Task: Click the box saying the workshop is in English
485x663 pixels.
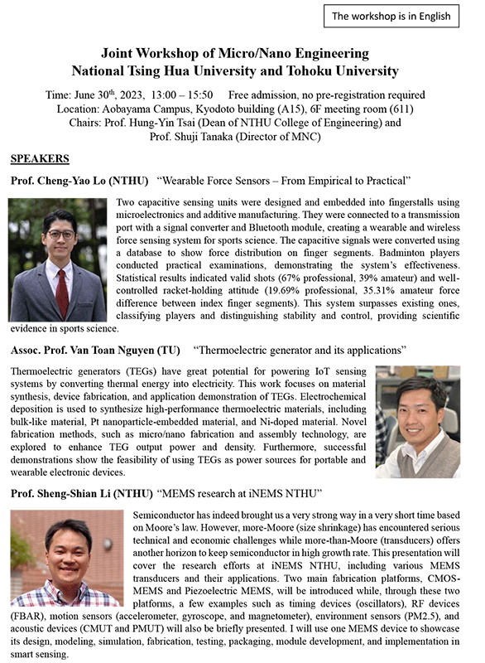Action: pos(391,16)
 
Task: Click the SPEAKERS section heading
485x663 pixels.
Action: pos(40,157)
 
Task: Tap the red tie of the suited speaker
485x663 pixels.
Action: pos(62,295)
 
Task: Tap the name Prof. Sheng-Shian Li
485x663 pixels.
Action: pos(70,494)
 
